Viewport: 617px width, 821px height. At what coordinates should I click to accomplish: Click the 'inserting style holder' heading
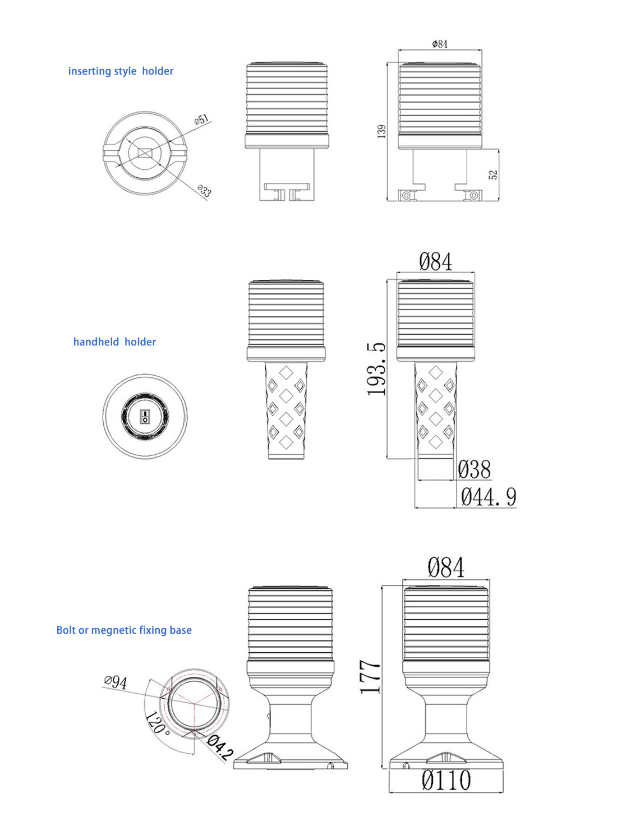121,71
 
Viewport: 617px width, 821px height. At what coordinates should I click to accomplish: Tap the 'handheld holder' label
114,342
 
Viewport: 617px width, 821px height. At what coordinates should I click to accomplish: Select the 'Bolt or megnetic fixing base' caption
124,630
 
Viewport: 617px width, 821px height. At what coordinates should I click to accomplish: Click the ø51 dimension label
202,119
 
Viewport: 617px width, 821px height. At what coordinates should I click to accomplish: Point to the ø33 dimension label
204,190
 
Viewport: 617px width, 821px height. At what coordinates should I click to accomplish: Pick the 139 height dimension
381,132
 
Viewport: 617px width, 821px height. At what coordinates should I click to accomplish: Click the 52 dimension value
494,174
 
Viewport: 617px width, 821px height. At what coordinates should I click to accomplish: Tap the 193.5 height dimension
376,369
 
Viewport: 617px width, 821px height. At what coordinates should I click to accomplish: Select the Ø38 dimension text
474,469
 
